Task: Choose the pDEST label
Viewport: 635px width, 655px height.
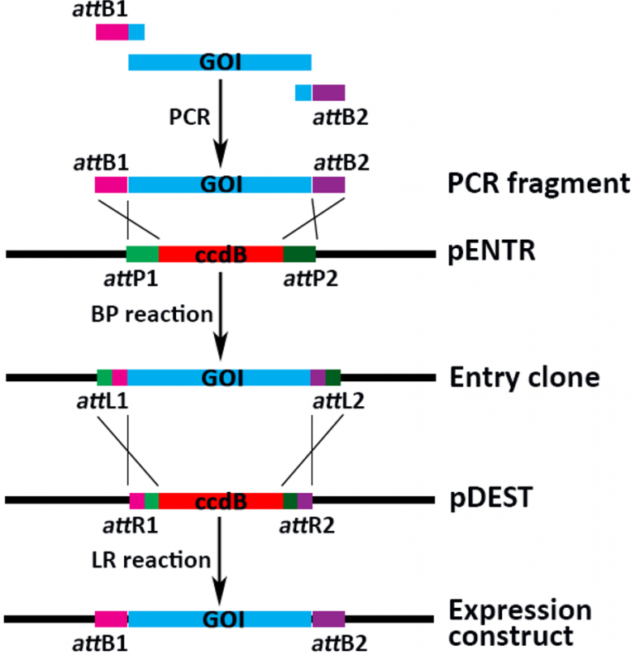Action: (488, 500)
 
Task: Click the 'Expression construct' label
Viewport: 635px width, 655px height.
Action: (518, 624)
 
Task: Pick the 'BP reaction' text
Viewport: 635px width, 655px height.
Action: (153, 315)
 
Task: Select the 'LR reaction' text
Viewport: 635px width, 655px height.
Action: (152, 560)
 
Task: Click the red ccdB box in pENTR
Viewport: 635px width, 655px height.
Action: (220, 254)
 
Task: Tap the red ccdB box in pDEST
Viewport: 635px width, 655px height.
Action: (220, 500)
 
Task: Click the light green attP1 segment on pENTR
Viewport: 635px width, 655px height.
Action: (142, 254)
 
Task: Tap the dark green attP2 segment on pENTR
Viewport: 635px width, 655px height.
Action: (298, 254)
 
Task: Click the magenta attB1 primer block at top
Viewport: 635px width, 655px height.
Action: (112, 32)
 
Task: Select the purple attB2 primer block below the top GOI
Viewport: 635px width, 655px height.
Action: (328, 93)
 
